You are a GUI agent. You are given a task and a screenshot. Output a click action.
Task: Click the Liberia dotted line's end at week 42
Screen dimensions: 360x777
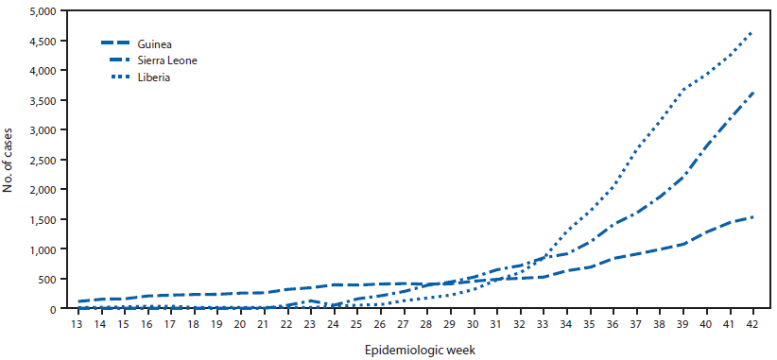(x=752, y=31)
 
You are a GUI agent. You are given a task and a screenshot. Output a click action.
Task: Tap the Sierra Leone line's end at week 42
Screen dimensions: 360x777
(x=752, y=93)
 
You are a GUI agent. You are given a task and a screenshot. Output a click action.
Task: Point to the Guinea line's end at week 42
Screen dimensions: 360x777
(x=752, y=217)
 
